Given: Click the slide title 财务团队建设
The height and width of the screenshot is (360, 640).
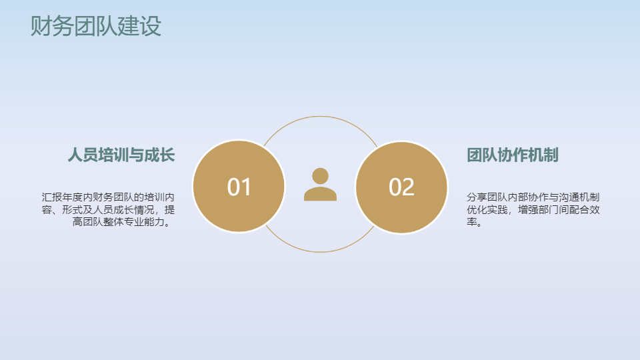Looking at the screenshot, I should click(x=96, y=26).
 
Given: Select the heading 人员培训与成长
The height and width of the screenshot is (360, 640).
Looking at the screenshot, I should click(x=121, y=155).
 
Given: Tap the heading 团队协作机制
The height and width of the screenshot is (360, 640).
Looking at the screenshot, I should click(x=512, y=155).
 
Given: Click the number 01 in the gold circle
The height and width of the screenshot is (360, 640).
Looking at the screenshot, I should click(x=239, y=187).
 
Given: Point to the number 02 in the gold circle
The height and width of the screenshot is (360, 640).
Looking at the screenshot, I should click(x=401, y=187).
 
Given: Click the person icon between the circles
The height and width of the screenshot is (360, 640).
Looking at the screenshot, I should click(x=320, y=185).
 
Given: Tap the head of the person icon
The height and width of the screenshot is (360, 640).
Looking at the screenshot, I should click(x=320, y=175).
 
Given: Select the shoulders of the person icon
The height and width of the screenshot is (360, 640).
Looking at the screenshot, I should click(x=320, y=194).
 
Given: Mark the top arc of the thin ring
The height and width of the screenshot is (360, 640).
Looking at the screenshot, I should click(x=320, y=117).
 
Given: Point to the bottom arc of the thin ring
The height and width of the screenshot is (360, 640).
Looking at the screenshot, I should click(x=320, y=252).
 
